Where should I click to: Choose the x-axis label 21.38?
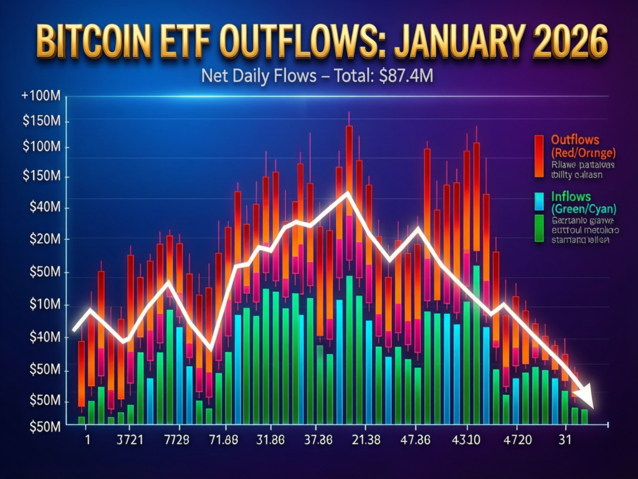[363, 439]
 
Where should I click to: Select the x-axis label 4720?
[517, 439]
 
